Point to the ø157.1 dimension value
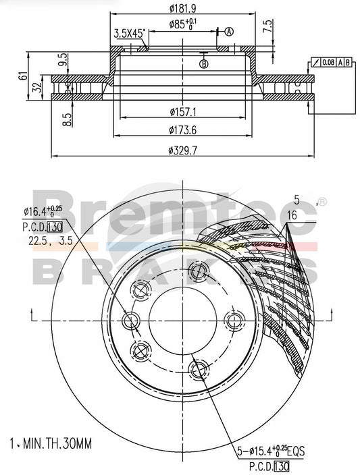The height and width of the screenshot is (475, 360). coord(184,112)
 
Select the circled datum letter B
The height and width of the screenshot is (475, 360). coord(204,63)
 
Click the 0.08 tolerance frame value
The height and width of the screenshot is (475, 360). coord(328,63)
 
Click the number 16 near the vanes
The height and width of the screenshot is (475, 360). coord(291,214)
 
